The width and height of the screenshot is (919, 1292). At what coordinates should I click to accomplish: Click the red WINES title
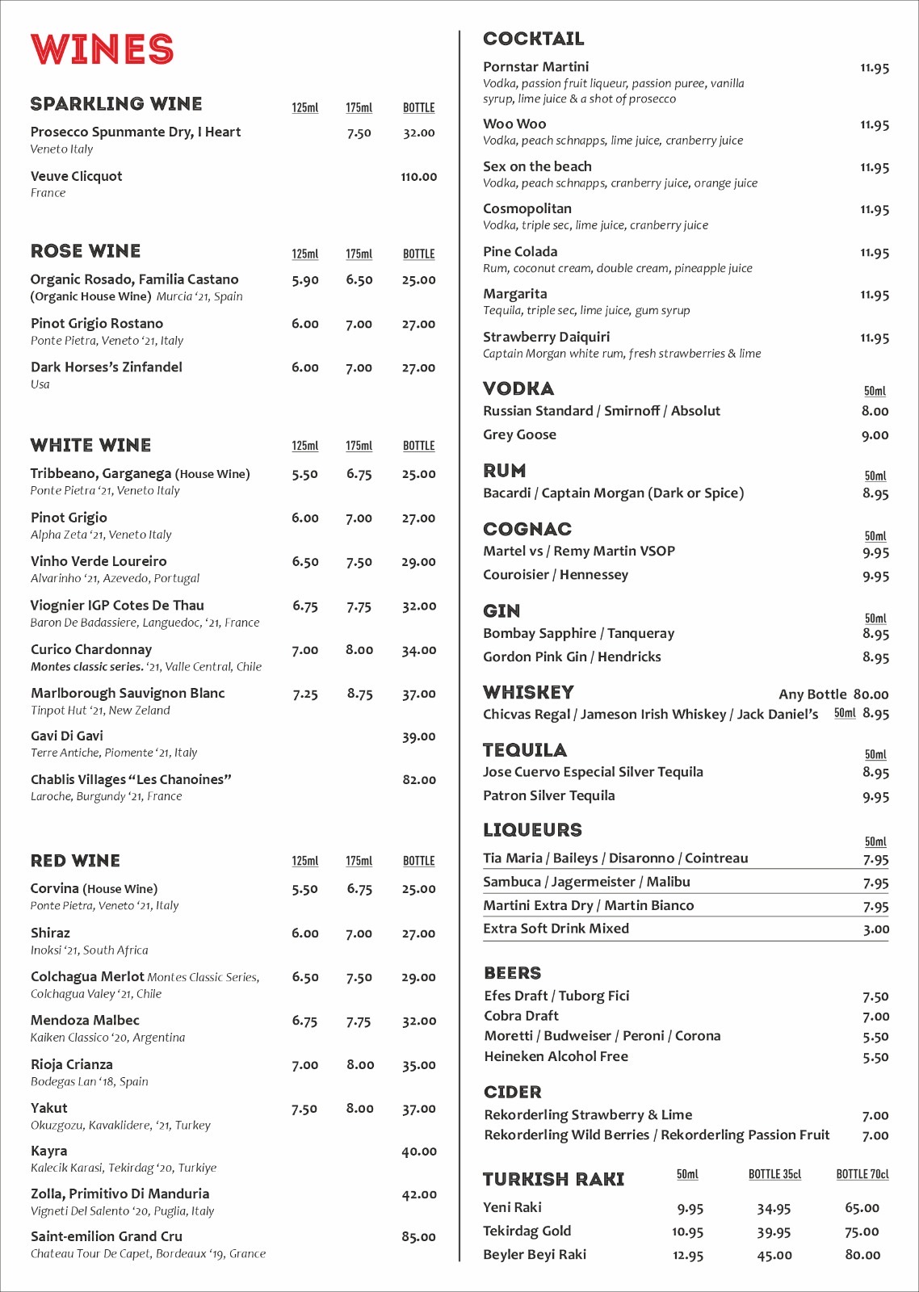[103, 49]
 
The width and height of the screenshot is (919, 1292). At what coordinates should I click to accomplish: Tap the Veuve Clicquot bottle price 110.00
[418, 177]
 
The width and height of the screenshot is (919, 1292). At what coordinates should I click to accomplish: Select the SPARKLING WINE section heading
[116, 104]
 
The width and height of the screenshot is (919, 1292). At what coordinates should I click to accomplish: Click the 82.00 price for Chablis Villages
[419, 780]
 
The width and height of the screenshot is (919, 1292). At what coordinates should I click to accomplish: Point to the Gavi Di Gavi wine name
[67, 736]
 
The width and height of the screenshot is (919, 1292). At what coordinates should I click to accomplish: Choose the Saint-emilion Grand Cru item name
[107, 1236]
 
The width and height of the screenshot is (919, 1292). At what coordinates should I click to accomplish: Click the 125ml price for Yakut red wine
[304, 1109]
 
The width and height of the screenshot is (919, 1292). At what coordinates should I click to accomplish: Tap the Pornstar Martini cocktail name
[535, 67]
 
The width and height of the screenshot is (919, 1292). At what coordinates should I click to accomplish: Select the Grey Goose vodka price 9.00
[875, 435]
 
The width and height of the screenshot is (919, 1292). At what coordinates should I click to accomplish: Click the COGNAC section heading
[527, 529]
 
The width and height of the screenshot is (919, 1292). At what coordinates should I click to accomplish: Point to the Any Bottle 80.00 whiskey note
[833, 694]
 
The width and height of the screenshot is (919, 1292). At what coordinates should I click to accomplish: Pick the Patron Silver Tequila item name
[549, 795]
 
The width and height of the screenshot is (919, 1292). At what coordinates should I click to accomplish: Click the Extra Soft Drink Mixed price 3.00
[875, 929]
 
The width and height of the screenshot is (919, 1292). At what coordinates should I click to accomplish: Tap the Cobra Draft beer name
[521, 1016]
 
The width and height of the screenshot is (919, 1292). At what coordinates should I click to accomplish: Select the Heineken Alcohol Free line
[556, 1056]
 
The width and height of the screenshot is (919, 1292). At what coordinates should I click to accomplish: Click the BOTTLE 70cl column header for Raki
[862, 1174]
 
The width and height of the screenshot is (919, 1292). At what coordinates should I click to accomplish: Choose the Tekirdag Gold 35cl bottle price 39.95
[774, 1232]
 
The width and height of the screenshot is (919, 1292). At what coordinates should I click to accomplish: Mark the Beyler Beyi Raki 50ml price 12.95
[687, 1256]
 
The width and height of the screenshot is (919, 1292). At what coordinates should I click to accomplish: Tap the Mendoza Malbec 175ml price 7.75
[359, 1021]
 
